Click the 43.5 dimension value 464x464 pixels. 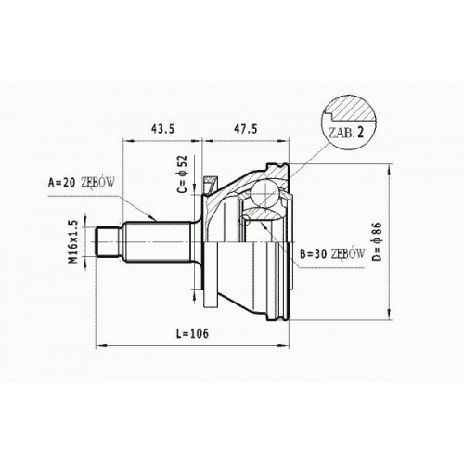click(163, 129)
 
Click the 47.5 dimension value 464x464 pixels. click(246, 129)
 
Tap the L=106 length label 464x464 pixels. click(192, 333)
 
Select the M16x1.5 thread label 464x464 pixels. click(73, 242)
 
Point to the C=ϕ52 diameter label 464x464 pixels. click(183, 174)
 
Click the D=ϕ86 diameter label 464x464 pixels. click(378, 242)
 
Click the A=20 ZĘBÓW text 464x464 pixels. click(82, 183)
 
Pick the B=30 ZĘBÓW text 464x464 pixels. click(332, 254)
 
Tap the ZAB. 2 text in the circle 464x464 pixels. click(346, 133)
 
